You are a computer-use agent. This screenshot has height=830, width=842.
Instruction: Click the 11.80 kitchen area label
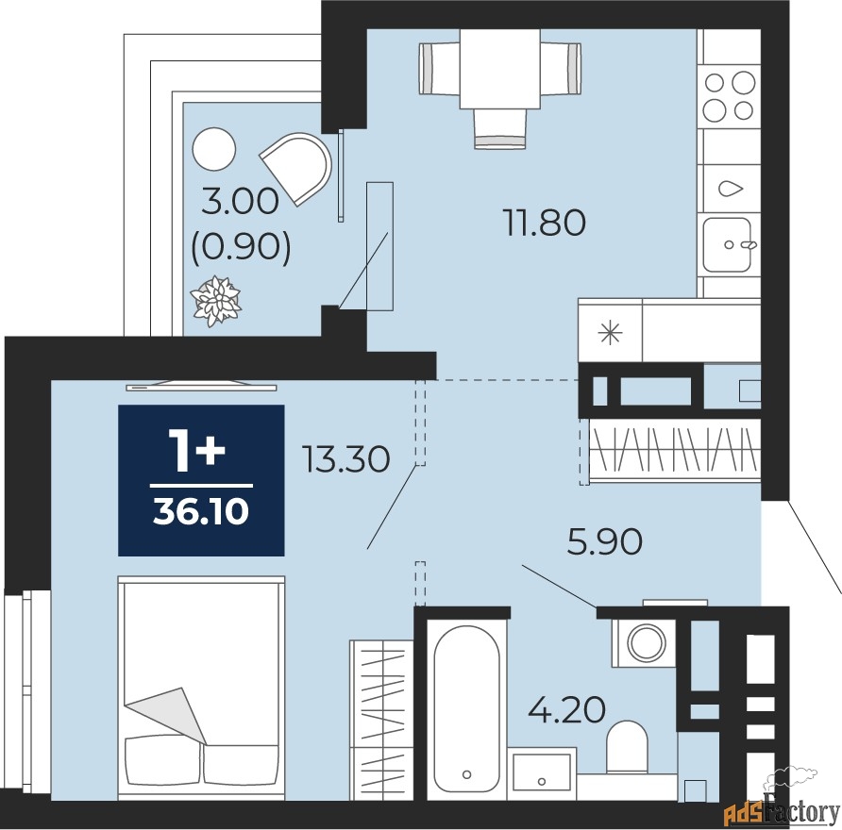[x=544, y=223]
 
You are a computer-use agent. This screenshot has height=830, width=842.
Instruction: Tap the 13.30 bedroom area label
[x=346, y=459]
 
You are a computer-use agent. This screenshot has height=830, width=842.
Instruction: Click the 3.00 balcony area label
[x=240, y=202]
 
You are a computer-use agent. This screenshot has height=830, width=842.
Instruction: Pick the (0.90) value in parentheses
[x=241, y=247]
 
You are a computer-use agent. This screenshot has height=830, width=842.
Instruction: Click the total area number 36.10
[x=201, y=511]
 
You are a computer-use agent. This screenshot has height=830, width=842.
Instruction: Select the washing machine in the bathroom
[x=644, y=642]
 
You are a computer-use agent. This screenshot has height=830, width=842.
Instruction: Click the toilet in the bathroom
[x=626, y=746]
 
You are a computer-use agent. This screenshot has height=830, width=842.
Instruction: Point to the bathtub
[x=466, y=708]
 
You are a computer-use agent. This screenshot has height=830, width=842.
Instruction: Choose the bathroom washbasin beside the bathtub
[x=541, y=772]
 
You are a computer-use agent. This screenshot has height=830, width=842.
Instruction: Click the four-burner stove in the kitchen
[x=730, y=96]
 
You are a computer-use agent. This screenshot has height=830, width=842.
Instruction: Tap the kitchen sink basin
[x=727, y=244]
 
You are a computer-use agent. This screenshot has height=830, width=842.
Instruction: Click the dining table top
[x=500, y=68]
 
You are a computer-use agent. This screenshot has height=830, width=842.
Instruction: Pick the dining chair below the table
[x=500, y=129]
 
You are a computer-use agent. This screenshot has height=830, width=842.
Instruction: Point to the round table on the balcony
[x=213, y=149]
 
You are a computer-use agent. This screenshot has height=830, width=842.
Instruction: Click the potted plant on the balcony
[x=215, y=301]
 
